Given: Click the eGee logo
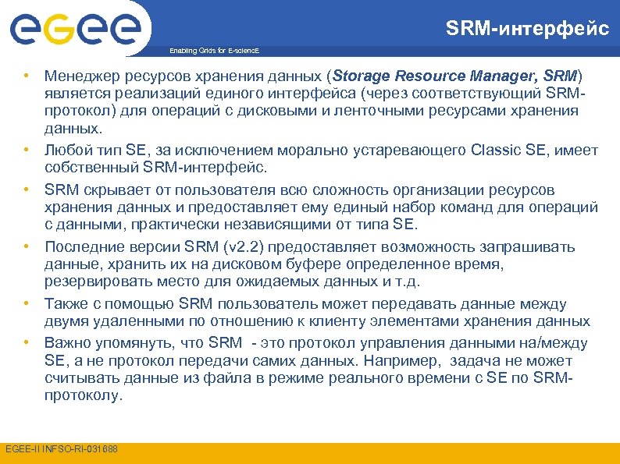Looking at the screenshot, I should coord(77,29).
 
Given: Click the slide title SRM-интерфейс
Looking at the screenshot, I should coord(527,29).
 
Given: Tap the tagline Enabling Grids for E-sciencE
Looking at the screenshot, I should coord(214,51).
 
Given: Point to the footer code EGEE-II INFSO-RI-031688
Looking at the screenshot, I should coord(62,448).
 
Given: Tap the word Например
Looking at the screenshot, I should coord(401,361).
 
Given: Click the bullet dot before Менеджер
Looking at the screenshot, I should coord(26,76).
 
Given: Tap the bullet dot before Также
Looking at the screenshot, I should coord(26,304).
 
